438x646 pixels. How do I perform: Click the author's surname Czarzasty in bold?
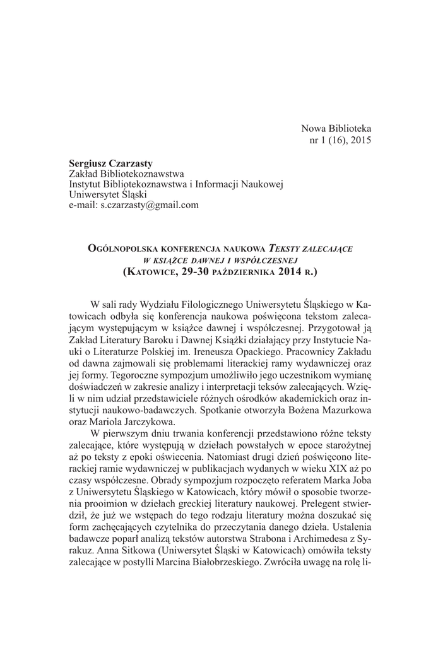click(x=131, y=163)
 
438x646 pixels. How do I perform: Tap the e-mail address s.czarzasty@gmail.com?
click(x=150, y=205)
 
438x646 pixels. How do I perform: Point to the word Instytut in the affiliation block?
click(x=86, y=184)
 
